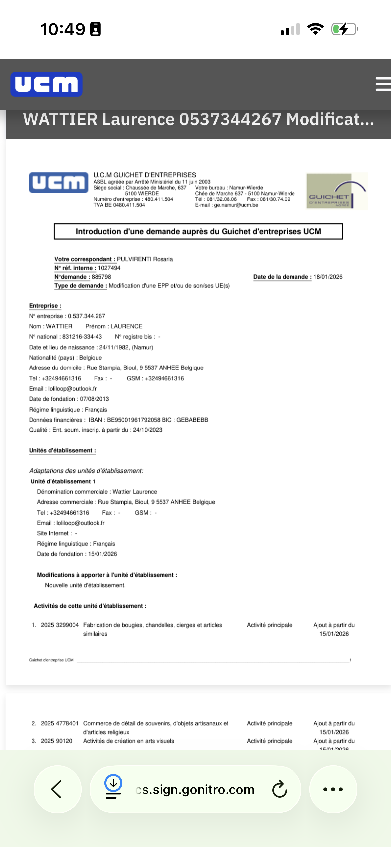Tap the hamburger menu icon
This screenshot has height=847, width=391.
point(383,84)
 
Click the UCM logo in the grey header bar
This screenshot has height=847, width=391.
point(46,84)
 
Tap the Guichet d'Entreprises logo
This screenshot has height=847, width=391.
point(337,191)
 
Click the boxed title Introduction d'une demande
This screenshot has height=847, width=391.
point(198,231)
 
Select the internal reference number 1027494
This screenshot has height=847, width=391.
point(109,268)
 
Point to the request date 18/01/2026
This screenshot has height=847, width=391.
point(328,277)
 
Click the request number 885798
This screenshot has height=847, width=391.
point(101,277)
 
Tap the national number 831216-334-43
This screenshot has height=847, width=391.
point(82,337)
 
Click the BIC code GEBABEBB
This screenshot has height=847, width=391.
point(192,420)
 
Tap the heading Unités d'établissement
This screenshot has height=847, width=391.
point(62,450)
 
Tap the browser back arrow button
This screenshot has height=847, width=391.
point(57,789)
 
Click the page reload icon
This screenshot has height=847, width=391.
point(279,789)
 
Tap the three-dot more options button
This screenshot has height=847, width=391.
point(333,789)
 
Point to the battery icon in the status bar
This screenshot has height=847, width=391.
point(345,29)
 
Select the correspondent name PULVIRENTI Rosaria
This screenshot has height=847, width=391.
point(145,259)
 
